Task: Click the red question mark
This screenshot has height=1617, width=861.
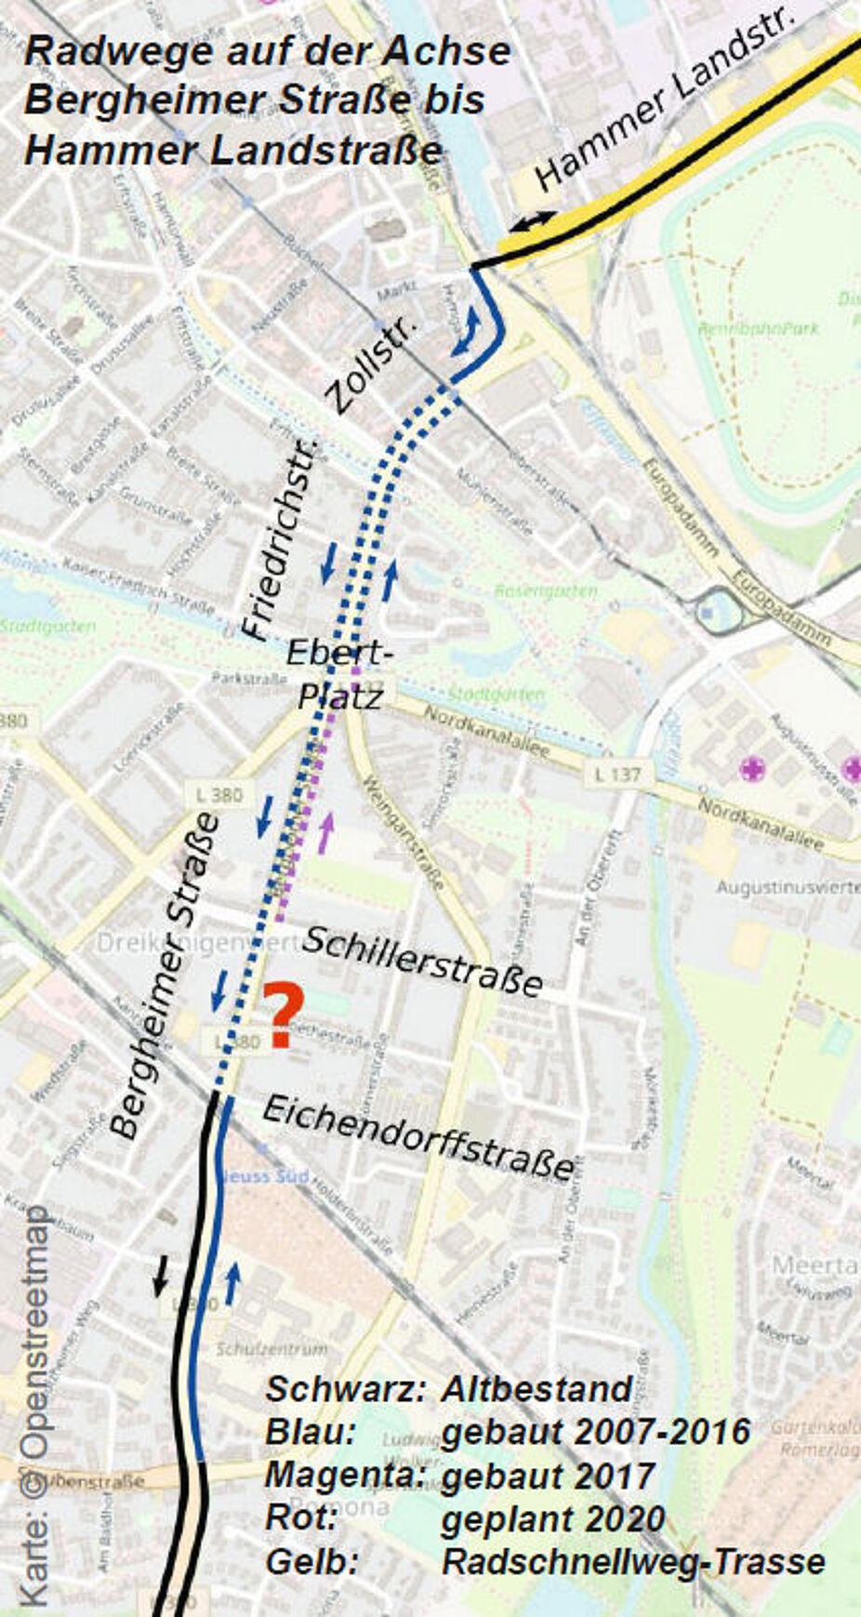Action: coord(282,1015)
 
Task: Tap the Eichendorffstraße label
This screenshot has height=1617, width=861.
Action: coord(418,1136)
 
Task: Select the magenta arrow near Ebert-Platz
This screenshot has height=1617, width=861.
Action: coord(325,832)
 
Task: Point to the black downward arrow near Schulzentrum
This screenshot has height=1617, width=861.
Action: coord(161,1275)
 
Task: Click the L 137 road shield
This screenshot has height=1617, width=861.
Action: coord(618,774)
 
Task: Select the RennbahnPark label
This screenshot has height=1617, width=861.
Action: coord(760,328)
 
